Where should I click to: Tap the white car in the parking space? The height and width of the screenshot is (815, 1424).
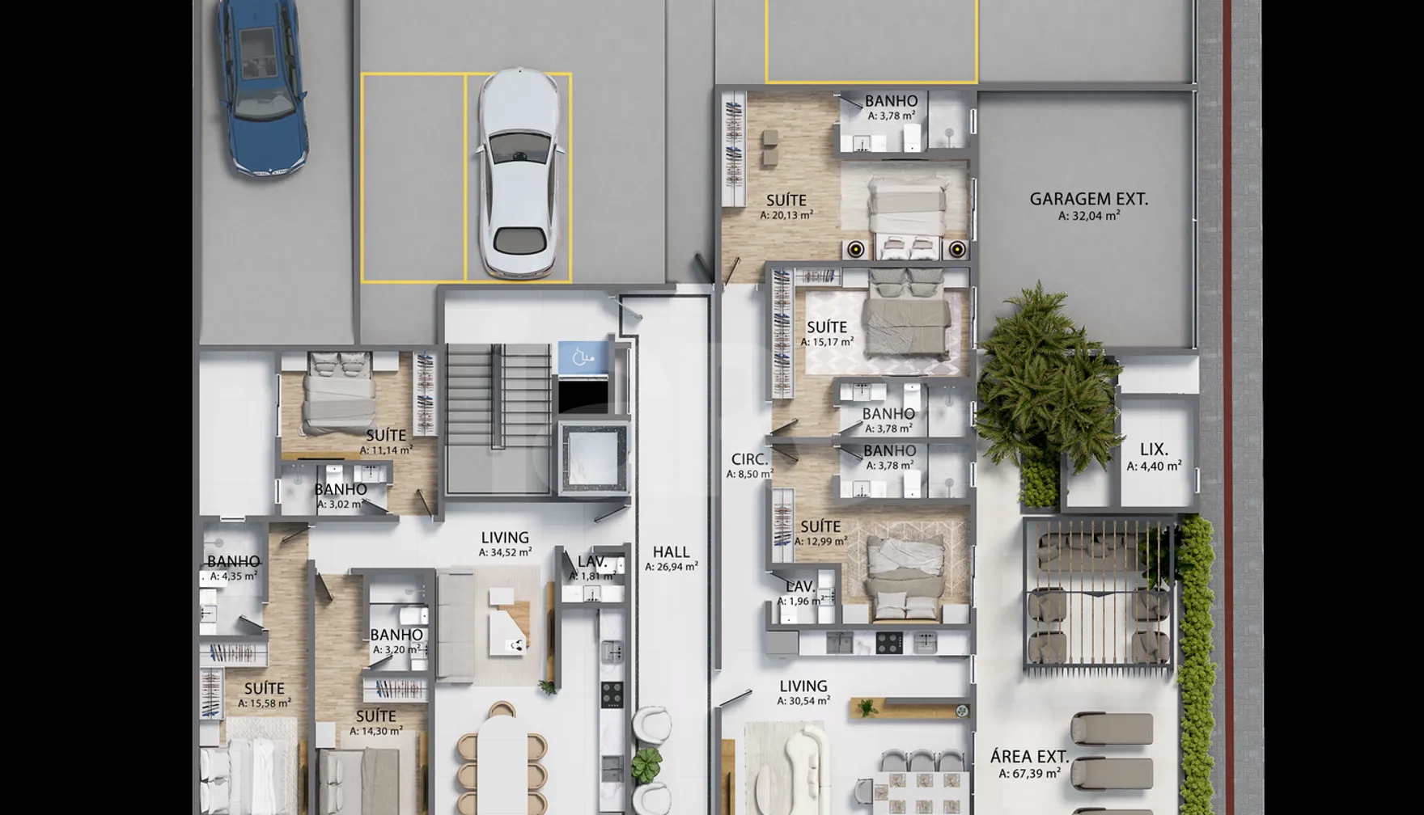pos(519,174)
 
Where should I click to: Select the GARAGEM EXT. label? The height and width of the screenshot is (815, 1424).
pos(1088,199)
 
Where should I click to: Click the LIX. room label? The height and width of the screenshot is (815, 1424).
pos(1154,450)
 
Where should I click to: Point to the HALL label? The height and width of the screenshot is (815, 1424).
pos(672,552)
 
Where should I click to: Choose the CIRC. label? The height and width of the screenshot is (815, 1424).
pos(749,459)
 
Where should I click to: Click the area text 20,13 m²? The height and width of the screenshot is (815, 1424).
pos(786,216)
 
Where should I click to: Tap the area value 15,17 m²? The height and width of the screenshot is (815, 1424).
pos(827,342)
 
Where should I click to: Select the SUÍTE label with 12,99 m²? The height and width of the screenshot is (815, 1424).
pos(820,526)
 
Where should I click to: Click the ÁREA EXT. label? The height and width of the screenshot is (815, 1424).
pos(1029,758)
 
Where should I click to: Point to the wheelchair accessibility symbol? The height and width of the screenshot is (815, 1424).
pos(583,357)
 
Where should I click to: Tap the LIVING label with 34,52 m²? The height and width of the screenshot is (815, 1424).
pos(505,538)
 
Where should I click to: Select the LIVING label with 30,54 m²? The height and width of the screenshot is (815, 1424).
pos(803,686)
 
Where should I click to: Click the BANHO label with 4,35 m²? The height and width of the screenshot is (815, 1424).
pos(233,561)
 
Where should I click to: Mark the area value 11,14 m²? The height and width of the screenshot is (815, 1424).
pos(386,450)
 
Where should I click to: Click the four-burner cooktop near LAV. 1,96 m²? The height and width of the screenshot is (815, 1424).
pos(890,643)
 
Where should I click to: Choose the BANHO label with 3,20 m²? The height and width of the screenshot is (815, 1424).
pos(396,636)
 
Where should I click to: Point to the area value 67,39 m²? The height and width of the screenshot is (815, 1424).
pos(1029,774)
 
